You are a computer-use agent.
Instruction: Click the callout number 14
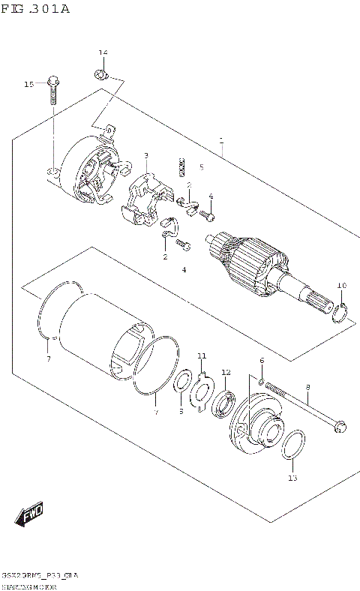click(103, 52)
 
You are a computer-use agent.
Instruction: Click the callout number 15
click(28, 85)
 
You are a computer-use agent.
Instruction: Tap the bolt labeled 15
click(52, 90)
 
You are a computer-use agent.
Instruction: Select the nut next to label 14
click(100, 73)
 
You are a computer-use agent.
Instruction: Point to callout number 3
click(146, 155)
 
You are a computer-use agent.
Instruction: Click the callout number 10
click(341, 285)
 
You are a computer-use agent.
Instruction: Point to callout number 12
click(226, 373)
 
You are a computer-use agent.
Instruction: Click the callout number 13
click(292, 478)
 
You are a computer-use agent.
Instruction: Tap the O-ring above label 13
click(293, 444)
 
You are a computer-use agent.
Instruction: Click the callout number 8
click(307, 387)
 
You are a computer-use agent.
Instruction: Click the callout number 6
click(262, 361)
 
